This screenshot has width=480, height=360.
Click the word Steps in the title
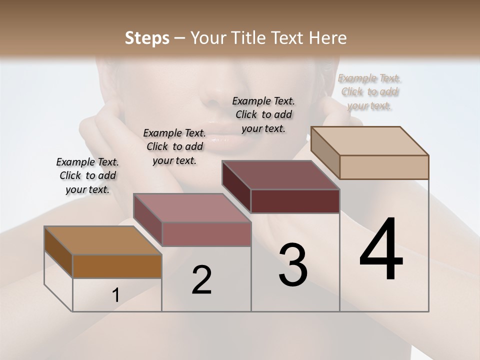click(146, 38)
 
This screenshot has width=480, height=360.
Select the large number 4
click(381, 250)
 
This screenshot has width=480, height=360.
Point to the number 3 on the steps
click(292, 265)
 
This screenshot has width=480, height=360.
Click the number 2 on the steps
click(201, 280)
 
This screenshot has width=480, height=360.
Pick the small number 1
click(116, 295)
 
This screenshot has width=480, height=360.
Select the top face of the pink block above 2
click(192, 208)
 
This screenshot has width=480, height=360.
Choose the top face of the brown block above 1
click(103, 240)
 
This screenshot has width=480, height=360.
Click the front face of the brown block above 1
click(117, 266)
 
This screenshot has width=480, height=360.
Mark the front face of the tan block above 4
click(384, 167)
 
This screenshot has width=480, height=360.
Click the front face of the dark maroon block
click(295, 201)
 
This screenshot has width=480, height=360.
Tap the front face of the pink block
click(206, 234)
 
